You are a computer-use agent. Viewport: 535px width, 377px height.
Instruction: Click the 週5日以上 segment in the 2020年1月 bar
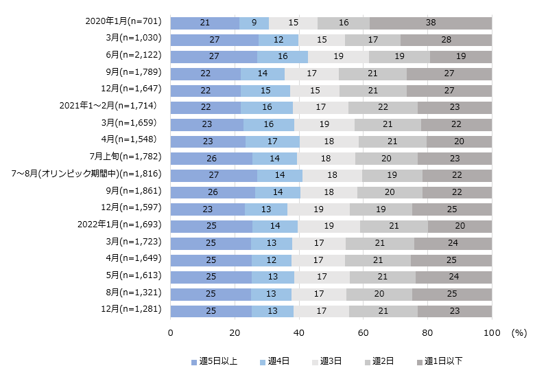coord(204,23)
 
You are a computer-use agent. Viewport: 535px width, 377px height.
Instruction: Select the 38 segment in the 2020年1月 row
coord(431,23)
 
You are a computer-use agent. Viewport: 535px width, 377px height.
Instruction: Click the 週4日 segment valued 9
coord(254,23)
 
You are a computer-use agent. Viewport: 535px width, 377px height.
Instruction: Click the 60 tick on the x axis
coord(364,332)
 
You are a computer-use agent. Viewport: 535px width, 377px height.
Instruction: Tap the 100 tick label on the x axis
coord(492,332)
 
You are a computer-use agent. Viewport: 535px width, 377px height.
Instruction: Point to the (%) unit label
coord(519,332)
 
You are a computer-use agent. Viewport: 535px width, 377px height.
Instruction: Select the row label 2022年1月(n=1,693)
coord(121,225)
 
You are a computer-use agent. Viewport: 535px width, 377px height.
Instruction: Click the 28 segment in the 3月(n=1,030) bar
coord(446,40)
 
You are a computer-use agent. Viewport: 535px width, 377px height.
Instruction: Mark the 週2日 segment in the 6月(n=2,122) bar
coord(399,56)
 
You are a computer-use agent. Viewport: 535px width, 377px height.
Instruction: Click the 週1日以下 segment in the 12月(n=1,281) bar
coord(455,311)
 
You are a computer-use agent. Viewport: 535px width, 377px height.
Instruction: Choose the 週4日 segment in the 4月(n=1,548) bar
coord(272,141)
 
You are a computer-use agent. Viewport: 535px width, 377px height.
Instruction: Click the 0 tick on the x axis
coord(170,332)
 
